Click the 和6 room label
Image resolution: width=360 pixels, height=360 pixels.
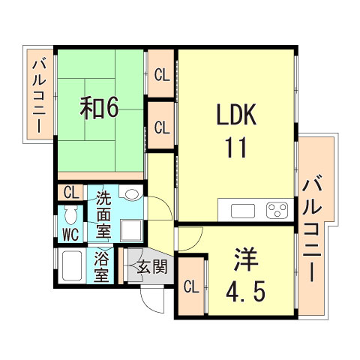(x=99, y=108)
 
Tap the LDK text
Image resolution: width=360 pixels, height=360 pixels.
(x=237, y=116)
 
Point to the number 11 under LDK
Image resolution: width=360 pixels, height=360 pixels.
(x=237, y=148)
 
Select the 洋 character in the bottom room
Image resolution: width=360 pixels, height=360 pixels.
(x=245, y=259)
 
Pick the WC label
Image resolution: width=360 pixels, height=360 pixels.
(x=70, y=234)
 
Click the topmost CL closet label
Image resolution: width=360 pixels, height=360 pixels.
(x=161, y=74)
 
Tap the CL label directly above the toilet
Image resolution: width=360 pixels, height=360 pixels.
(x=70, y=193)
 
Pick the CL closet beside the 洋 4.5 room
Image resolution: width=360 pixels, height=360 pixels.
(x=190, y=286)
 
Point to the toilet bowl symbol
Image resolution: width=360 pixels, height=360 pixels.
(x=71, y=217)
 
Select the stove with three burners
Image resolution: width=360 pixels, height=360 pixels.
(x=277, y=209)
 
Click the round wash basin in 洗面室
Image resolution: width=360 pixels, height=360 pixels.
(x=132, y=194)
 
